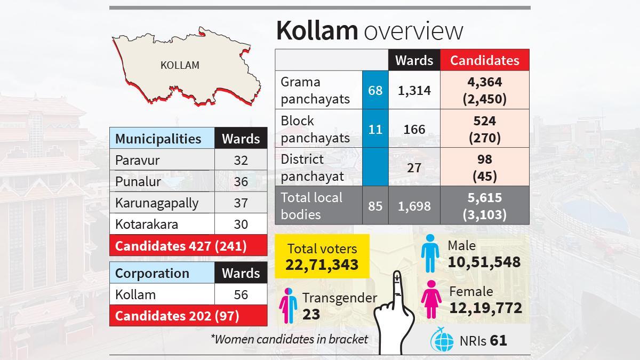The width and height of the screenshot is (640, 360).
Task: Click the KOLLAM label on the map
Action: point(180,65)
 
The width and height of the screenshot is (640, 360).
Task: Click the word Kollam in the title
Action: point(317,31)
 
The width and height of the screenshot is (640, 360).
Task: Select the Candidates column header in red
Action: point(484,60)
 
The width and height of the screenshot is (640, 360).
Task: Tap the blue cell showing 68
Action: point(375,91)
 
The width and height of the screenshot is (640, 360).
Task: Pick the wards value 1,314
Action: point(414,91)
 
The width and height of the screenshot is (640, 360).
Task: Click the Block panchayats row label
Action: point(315,129)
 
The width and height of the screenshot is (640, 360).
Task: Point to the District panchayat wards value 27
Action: point(414,167)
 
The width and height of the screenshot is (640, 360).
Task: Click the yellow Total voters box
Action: point(322,257)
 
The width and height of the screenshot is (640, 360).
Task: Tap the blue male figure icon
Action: point(429,255)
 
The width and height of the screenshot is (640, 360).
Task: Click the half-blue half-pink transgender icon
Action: point(288,306)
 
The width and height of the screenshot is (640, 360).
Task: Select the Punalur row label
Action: point(138,181)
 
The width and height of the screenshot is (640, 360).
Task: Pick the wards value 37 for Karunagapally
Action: point(241,203)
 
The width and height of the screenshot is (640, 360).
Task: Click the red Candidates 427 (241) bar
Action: point(188,246)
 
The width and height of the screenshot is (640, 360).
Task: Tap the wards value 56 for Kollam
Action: point(241,294)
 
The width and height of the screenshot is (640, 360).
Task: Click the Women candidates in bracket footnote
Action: point(289,339)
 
